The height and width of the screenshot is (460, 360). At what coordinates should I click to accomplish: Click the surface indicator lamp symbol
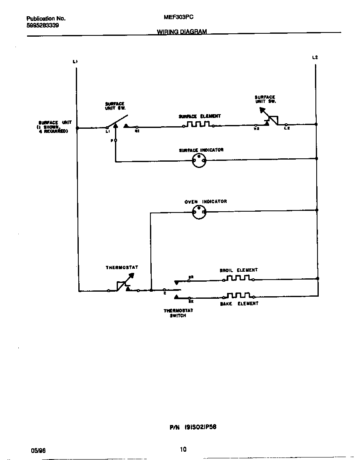199,160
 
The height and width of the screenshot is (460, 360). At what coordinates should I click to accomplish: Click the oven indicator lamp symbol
199,213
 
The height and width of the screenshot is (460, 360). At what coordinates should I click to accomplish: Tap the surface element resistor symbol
198,125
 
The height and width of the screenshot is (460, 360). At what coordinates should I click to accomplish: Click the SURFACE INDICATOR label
201,150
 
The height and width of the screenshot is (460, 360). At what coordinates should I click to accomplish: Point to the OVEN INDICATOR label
206,202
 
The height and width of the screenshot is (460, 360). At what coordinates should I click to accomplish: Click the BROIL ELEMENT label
239,270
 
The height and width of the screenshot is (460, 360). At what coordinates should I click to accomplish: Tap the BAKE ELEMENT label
239,304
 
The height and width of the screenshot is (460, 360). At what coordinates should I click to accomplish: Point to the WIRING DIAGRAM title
182,32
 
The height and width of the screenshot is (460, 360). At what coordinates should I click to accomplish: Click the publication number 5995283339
42,25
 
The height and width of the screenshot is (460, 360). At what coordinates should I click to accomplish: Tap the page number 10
183,449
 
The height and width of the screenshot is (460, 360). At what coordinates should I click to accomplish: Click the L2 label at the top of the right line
315,57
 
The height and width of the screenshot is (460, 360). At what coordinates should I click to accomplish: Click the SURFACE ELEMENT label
200,116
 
